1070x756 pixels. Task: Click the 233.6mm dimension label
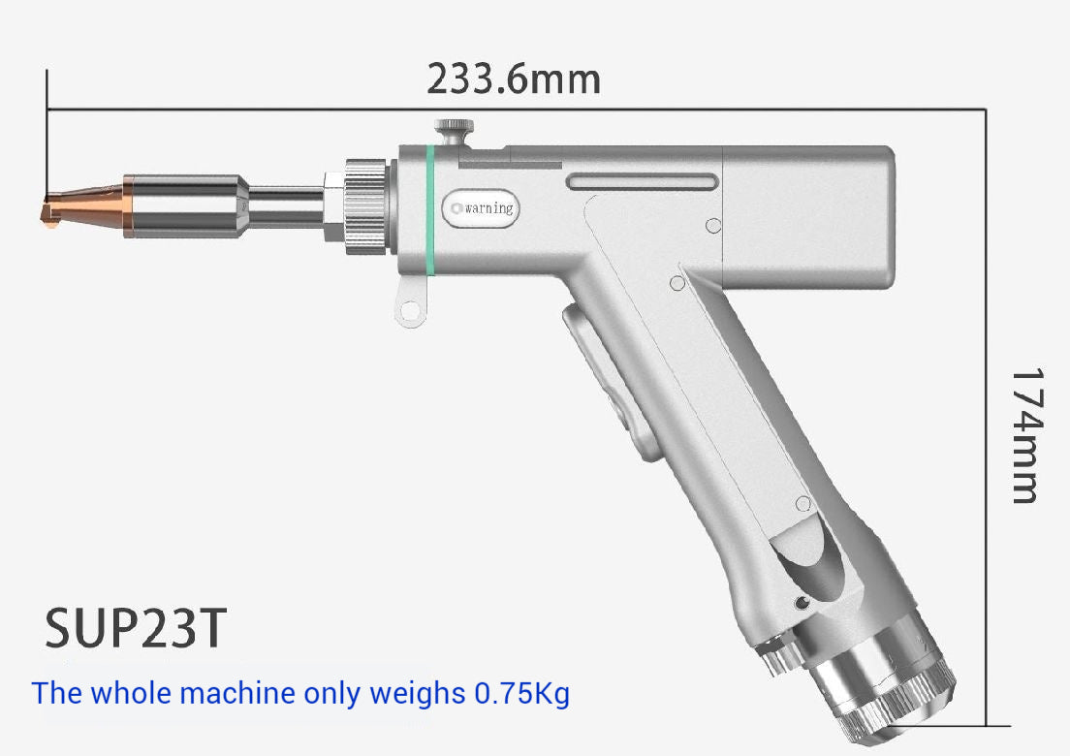pos(514,79)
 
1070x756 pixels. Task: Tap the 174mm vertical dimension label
pos(1024,435)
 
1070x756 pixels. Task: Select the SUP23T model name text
pos(136,628)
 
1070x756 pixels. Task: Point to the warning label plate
pos(482,208)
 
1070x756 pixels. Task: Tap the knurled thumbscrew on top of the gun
pos(454,128)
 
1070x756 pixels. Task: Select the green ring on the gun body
pos(427,209)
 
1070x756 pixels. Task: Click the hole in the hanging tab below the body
pos(410,311)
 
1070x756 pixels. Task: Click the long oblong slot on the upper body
pos(643,182)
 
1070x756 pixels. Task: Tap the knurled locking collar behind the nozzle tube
pos(365,206)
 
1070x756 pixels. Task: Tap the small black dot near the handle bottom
pos(802,604)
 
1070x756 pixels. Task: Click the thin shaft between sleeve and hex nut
pos(286,206)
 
